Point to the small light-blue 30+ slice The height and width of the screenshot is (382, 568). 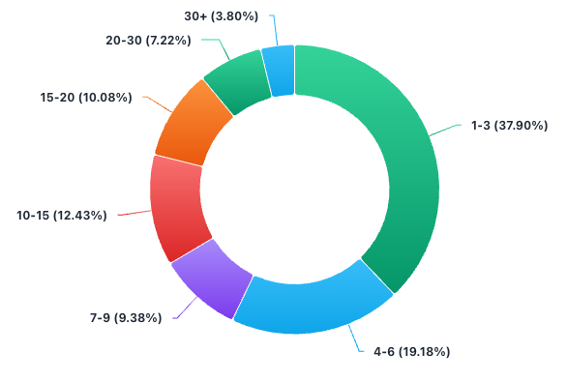click(x=279, y=72)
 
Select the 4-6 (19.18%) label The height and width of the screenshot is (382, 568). click(x=412, y=351)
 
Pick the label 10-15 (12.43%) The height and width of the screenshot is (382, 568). click(x=61, y=215)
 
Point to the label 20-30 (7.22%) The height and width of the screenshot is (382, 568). click(x=148, y=40)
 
